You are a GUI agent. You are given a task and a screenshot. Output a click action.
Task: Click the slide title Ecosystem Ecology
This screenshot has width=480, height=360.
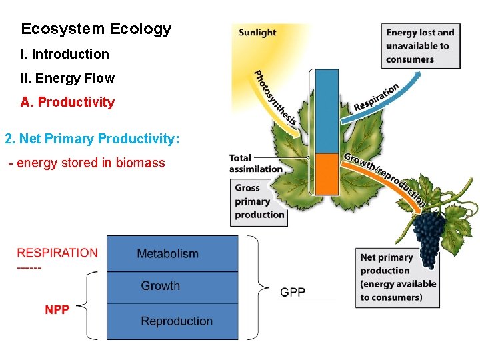pos(96,29)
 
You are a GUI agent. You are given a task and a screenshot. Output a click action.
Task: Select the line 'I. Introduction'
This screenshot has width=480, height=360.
pos(65,54)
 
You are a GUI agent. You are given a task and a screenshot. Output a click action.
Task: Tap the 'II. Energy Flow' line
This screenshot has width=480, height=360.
pos(68,78)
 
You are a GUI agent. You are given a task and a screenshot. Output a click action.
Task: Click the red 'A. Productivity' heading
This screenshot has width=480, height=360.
pos(67,102)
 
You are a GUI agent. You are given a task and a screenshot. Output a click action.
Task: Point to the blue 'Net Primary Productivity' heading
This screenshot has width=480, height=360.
pos(92,139)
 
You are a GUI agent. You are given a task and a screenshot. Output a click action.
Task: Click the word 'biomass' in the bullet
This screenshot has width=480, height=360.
pos(141,163)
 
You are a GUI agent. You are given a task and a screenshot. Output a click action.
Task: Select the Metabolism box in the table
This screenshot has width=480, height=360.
pos(172,254)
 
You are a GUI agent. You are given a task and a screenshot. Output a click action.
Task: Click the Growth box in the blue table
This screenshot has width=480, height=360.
pos(172,287)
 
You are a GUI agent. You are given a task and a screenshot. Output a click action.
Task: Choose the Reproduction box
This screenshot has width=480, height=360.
pos(172,321)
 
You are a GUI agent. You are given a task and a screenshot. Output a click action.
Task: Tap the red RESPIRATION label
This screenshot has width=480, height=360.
pos(57,253)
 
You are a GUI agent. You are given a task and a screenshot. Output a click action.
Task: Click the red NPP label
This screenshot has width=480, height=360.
pos(57,310)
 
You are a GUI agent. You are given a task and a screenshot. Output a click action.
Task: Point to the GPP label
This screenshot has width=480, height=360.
pos(293,292)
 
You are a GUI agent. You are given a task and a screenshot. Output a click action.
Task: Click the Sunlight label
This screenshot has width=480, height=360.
pos(257,32)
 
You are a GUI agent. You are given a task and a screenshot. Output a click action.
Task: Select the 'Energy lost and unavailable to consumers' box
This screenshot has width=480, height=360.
pos(421,46)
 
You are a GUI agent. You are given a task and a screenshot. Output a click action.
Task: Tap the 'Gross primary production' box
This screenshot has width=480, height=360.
pos(259,201)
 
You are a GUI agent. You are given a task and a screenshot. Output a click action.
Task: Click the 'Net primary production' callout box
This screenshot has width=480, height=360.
pos(399,277)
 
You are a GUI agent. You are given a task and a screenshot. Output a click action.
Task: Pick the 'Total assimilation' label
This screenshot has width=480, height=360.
pos(255,163)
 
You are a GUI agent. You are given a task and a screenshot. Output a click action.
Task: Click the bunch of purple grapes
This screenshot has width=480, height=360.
pos(429,237)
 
